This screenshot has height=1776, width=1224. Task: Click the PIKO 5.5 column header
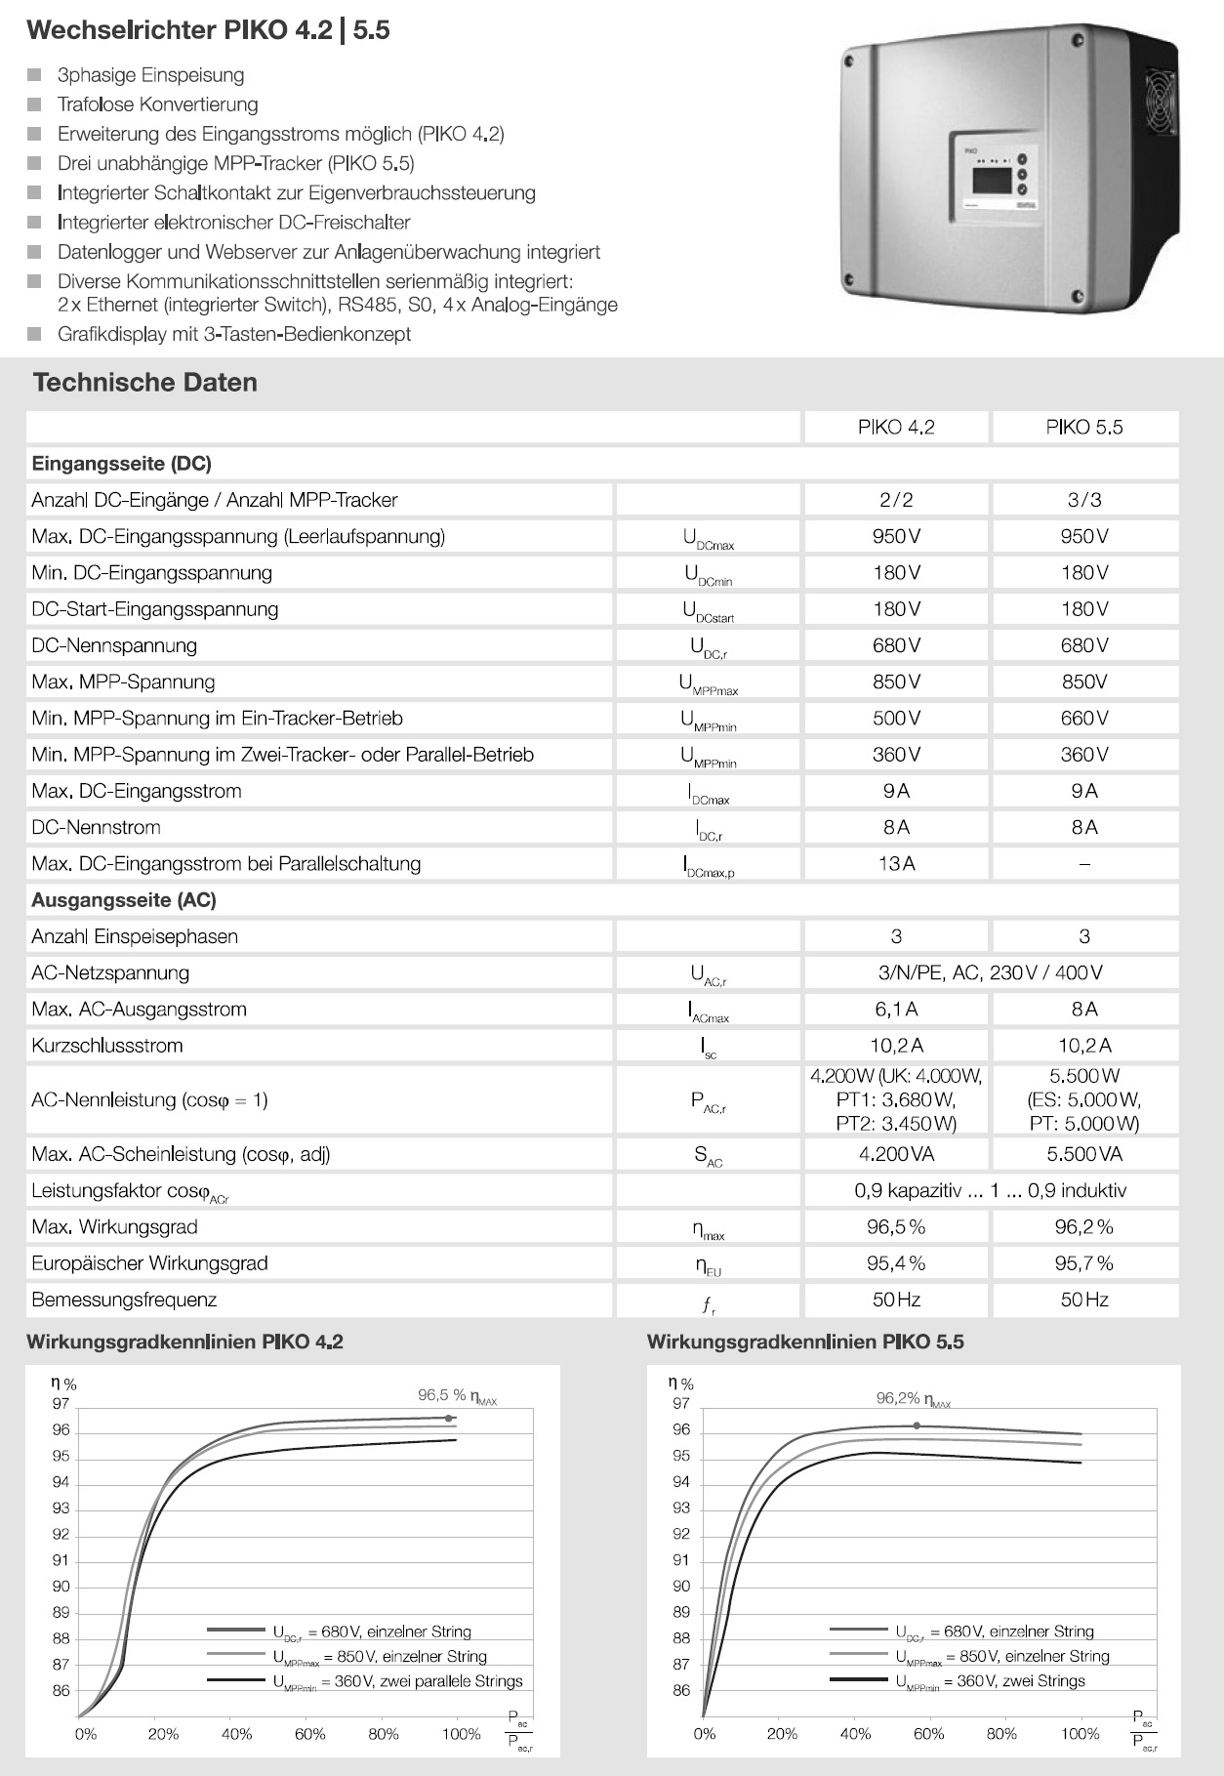tap(1083, 427)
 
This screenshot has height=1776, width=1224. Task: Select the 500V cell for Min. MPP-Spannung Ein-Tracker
tap(896, 718)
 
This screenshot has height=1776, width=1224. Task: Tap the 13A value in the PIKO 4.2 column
tap(896, 863)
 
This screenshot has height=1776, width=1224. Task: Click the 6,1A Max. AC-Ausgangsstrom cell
tap(896, 1009)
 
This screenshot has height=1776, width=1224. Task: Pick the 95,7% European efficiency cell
tap(1083, 1262)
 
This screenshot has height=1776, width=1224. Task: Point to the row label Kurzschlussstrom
tap(107, 1046)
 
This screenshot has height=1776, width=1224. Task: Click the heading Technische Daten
tap(145, 382)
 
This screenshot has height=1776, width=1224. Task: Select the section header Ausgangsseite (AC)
tap(124, 900)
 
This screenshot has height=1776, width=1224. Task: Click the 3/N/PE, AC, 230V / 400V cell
tap(990, 972)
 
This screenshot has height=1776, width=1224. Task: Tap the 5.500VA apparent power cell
tap(1083, 1154)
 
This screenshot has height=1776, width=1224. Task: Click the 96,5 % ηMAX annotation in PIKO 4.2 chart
tap(457, 1396)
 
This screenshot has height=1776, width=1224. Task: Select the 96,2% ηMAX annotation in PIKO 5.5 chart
tap(913, 1398)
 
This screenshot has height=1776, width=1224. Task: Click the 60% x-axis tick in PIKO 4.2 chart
tap(310, 1734)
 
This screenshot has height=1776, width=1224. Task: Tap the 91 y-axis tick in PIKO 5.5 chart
tap(681, 1560)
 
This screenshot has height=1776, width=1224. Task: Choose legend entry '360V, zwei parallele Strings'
tap(397, 1681)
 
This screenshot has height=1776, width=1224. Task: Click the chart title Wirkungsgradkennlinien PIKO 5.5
tap(805, 1342)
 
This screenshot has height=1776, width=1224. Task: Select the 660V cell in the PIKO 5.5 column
tap(1083, 718)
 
